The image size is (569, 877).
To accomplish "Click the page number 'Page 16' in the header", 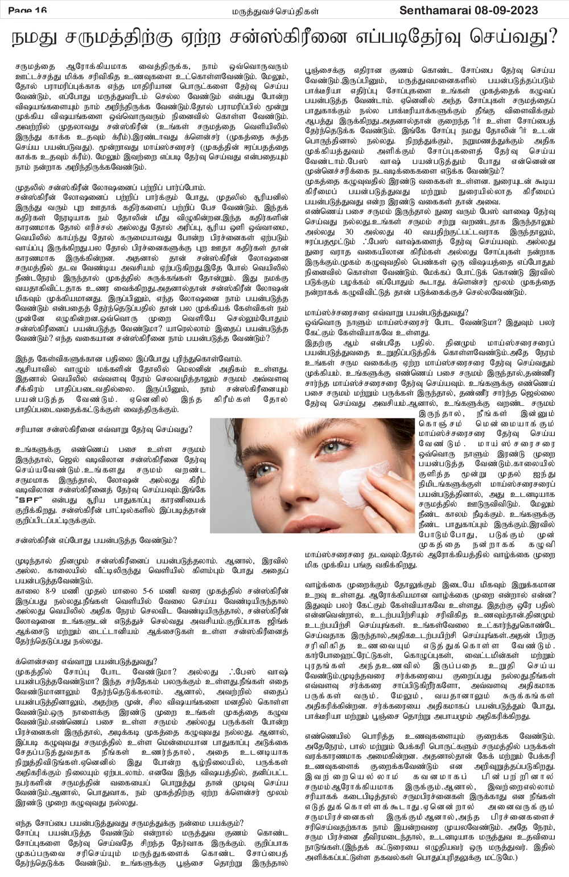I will tap(27, 9).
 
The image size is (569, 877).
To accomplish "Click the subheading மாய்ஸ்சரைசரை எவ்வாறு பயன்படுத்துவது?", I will tap(386, 312).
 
